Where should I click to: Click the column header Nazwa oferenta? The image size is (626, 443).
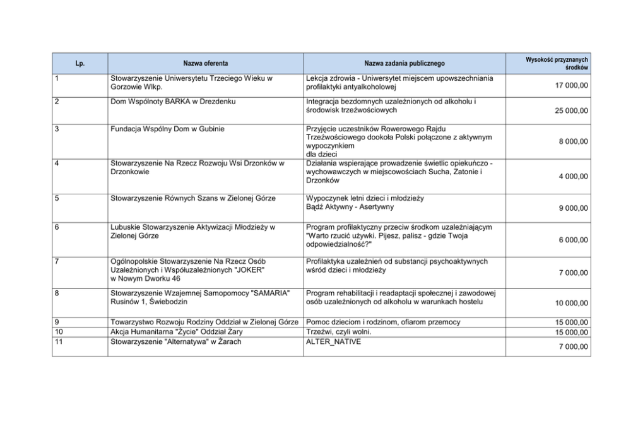pyautogui.click(x=206, y=63)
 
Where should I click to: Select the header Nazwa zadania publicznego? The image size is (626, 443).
pyautogui.click(x=405, y=63)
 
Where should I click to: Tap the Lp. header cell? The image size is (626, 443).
pyautogui.click(x=80, y=63)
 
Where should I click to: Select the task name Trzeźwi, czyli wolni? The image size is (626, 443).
pyautogui.click(x=339, y=332)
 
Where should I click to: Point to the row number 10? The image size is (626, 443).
pyautogui.click(x=59, y=332)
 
